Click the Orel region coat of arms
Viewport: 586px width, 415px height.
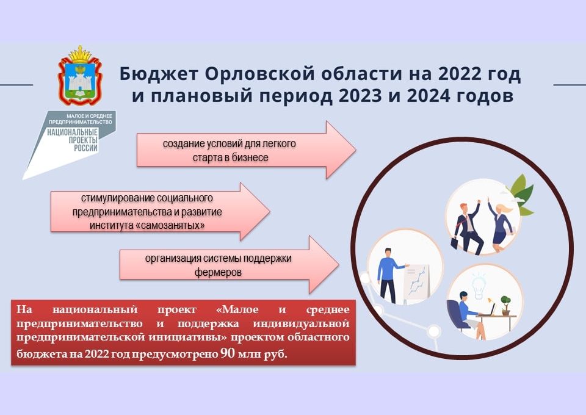(79, 76)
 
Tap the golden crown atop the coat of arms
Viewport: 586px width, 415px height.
(80, 55)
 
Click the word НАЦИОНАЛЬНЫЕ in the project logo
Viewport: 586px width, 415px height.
(73, 132)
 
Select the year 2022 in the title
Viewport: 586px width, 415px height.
(460, 74)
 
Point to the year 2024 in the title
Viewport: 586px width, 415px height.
(429, 96)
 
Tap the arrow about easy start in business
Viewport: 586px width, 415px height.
(246, 150)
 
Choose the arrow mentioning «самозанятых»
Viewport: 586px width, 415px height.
(161, 211)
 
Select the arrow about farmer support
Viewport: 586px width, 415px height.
(229, 265)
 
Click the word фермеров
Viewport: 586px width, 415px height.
(218, 272)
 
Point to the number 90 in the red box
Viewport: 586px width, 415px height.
(228, 353)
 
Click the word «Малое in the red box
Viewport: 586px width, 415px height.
(237, 309)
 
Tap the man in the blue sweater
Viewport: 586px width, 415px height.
(389, 275)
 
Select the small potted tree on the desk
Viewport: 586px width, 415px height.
(505, 305)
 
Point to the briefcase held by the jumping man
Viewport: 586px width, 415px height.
(454, 243)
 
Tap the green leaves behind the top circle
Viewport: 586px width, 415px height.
(522, 194)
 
